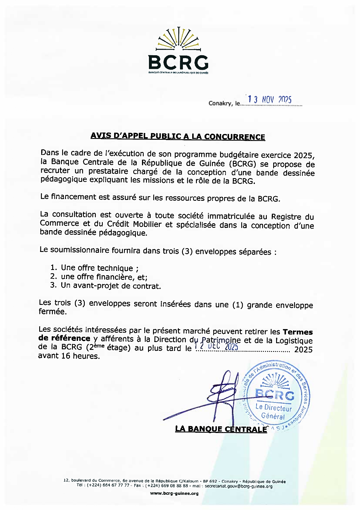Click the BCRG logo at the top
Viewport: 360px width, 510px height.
click(x=178, y=51)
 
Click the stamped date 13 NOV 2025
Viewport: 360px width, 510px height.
click(x=269, y=99)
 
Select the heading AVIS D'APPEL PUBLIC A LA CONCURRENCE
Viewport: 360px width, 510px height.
click(x=178, y=136)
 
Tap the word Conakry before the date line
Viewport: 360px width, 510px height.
click(x=221, y=103)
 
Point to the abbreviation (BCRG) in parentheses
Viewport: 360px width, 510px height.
click(x=242, y=164)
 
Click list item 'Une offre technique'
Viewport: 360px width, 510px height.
click(x=97, y=268)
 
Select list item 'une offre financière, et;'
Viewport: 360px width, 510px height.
click(x=104, y=277)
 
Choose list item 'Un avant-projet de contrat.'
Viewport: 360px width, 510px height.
click(x=111, y=286)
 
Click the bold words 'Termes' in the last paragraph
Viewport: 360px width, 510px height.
click(x=298, y=332)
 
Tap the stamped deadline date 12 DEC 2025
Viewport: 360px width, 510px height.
click(x=216, y=346)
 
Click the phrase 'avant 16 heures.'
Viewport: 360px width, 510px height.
click(x=69, y=356)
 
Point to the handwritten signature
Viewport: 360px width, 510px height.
click(x=215, y=398)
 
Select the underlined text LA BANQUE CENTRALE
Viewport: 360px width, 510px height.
click(x=221, y=429)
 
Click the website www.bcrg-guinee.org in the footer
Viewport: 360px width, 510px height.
click(x=174, y=493)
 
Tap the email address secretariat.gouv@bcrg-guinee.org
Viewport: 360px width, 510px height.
click(x=238, y=486)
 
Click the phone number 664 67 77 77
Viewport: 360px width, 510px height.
click(x=116, y=485)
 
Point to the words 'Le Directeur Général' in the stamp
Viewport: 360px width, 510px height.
click(x=273, y=411)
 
